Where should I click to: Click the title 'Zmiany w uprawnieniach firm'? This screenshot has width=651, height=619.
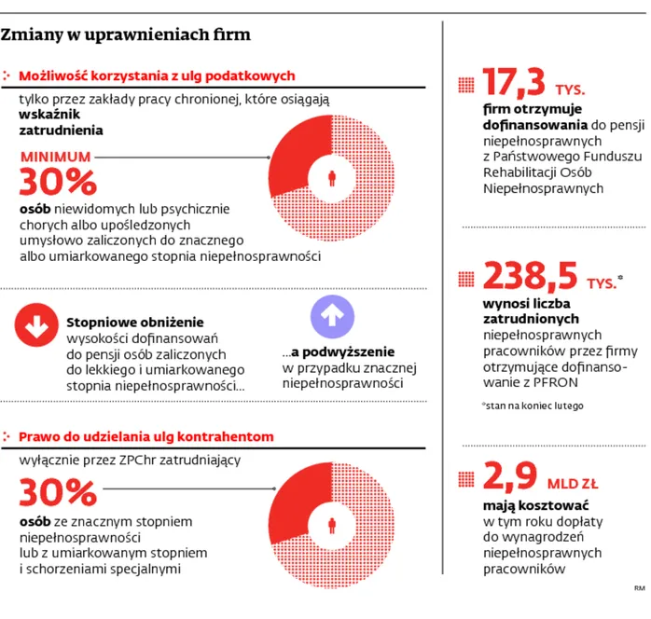[x=126, y=35]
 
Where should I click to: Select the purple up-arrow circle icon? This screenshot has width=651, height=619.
[x=331, y=318]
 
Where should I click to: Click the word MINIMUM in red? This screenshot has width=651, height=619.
[x=56, y=158]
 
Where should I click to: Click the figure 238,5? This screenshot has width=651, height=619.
[x=529, y=276]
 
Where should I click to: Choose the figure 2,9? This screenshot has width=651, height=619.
[x=510, y=477]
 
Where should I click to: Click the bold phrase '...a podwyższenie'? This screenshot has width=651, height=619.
[x=339, y=352]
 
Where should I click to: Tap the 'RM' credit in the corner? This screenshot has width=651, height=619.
[x=640, y=588]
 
